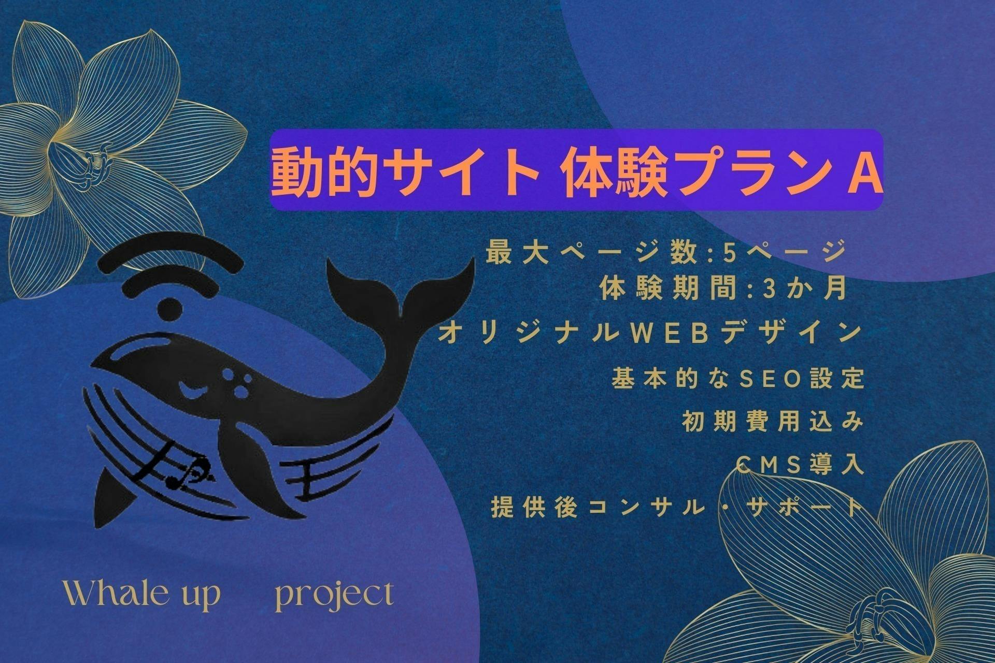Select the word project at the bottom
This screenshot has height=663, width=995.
(x=334, y=596)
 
